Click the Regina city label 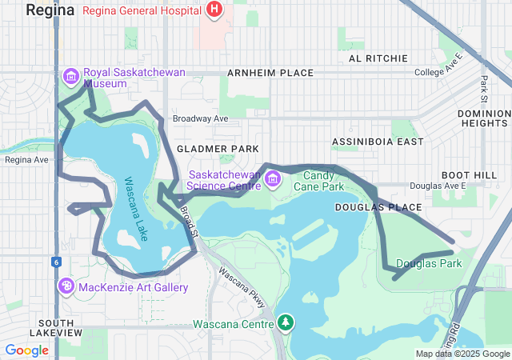pyautogui.click(x=50, y=10)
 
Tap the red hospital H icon pyautogui.click(x=214, y=10)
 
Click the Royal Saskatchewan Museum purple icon pyautogui.click(x=70, y=76)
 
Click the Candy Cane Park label pyautogui.click(x=318, y=181)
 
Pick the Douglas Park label pyautogui.click(x=429, y=263)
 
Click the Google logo pyautogui.click(x=26, y=350)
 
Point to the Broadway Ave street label pyautogui.click(x=201, y=118)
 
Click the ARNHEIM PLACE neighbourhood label pyautogui.click(x=270, y=73)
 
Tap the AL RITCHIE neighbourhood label pyautogui.click(x=373, y=58)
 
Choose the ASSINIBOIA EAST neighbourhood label pyautogui.click(x=378, y=142)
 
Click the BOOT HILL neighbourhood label pyautogui.click(x=469, y=175)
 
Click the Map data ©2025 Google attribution pyautogui.click(x=462, y=354)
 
